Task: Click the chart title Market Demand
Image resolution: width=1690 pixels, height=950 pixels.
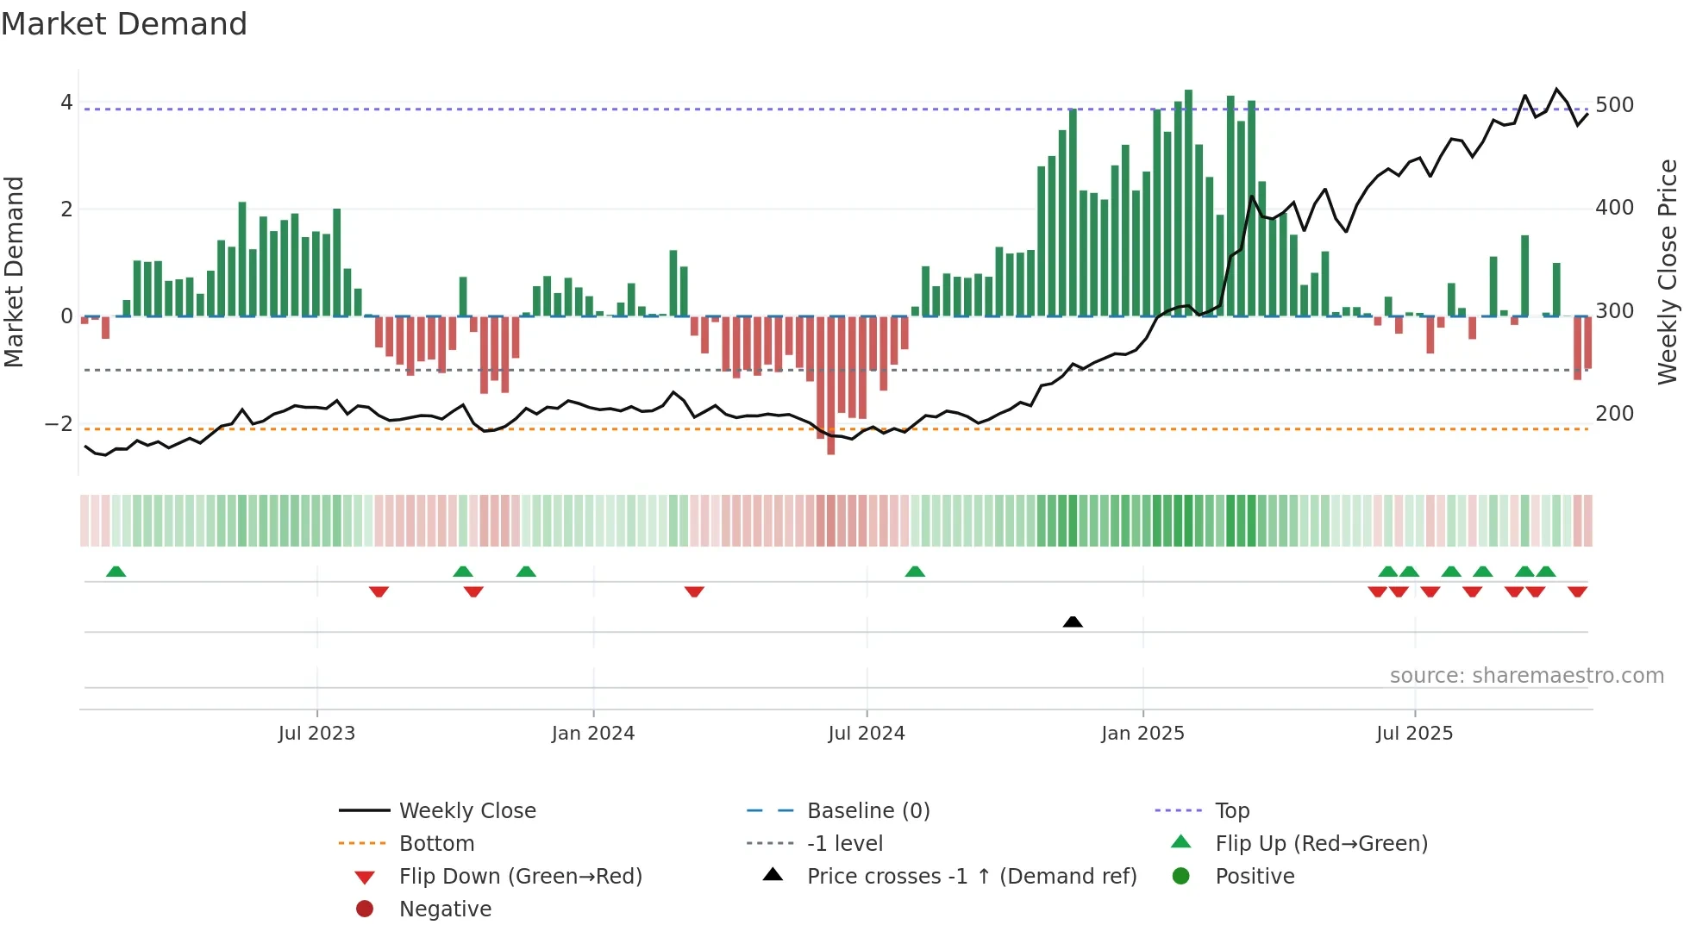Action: click(x=124, y=24)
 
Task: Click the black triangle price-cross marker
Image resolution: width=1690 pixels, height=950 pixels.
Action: click(x=1073, y=622)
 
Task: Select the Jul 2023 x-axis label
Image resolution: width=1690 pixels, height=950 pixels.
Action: click(x=316, y=734)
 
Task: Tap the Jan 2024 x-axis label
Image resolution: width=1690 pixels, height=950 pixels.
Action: click(x=593, y=734)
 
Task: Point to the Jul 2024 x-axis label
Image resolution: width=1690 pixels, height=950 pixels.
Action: click(x=867, y=734)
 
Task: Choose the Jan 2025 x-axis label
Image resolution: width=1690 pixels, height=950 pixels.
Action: click(x=1142, y=734)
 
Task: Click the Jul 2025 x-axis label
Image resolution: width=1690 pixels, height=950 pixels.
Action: click(x=1414, y=734)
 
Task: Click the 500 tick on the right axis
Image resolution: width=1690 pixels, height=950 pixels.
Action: click(x=1614, y=105)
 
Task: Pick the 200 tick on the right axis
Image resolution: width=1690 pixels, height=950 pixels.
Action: click(x=1614, y=414)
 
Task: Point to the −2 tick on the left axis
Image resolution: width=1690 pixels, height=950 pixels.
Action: click(x=59, y=423)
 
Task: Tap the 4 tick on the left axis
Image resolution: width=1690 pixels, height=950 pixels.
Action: click(x=66, y=103)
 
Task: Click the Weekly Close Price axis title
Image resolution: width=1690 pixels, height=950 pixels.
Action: click(x=1668, y=272)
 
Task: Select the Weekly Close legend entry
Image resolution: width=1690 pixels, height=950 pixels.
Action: click(x=466, y=811)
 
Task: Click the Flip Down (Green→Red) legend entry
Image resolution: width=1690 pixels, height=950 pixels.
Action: click(x=520, y=877)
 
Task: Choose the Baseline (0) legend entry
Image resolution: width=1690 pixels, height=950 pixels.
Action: click(x=867, y=811)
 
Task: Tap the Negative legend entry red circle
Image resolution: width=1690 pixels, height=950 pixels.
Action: click(x=365, y=909)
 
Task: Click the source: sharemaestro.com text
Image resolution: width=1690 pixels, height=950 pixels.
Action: click(x=1526, y=676)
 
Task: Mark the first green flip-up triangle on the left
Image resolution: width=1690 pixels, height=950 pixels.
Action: click(x=116, y=572)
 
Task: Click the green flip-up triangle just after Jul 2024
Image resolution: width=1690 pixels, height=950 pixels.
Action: click(x=915, y=572)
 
